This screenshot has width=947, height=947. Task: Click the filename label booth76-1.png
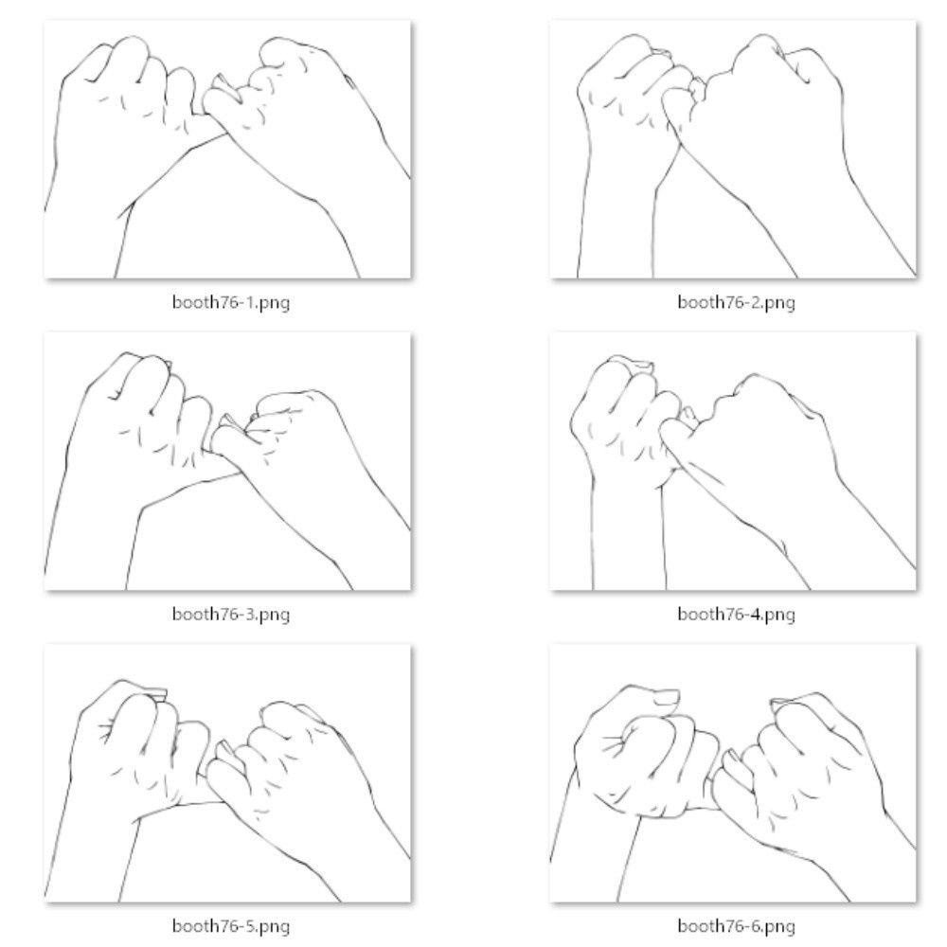click(x=231, y=302)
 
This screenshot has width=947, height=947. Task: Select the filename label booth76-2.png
click(x=736, y=302)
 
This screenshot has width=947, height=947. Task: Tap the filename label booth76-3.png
click(x=231, y=615)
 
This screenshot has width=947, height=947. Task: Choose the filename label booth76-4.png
click(x=736, y=615)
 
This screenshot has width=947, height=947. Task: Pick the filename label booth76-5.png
click(x=231, y=926)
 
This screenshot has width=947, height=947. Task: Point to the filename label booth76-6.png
click(x=736, y=926)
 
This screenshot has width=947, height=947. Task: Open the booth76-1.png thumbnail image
click(x=227, y=150)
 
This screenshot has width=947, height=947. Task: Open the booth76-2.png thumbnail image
click(x=733, y=150)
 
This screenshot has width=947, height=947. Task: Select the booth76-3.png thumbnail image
click(x=227, y=461)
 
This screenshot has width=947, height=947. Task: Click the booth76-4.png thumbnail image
click(x=733, y=461)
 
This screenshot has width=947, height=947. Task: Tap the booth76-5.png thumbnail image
click(x=227, y=773)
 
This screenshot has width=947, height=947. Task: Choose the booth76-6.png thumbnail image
click(x=733, y=773)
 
